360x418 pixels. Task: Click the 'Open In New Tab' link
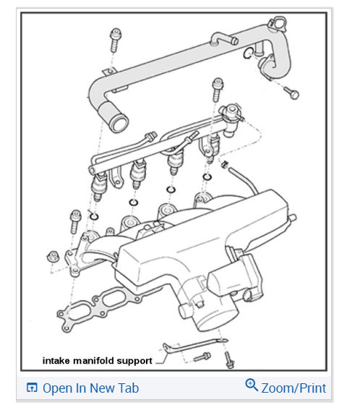[x=90, y=388]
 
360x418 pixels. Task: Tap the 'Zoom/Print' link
[x=293, y=388]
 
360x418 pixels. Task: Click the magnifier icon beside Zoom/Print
[x=252, y=385]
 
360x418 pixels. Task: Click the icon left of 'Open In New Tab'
[x=32, y=388]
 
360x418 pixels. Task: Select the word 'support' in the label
[x=137, y=359]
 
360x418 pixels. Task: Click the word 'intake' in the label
[x=56, y=359]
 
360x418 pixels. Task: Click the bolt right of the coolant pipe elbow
[x=291, y=92]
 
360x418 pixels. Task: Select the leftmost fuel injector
[x=99, y=189]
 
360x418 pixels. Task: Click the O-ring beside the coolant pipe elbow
[x=248, y=54]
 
